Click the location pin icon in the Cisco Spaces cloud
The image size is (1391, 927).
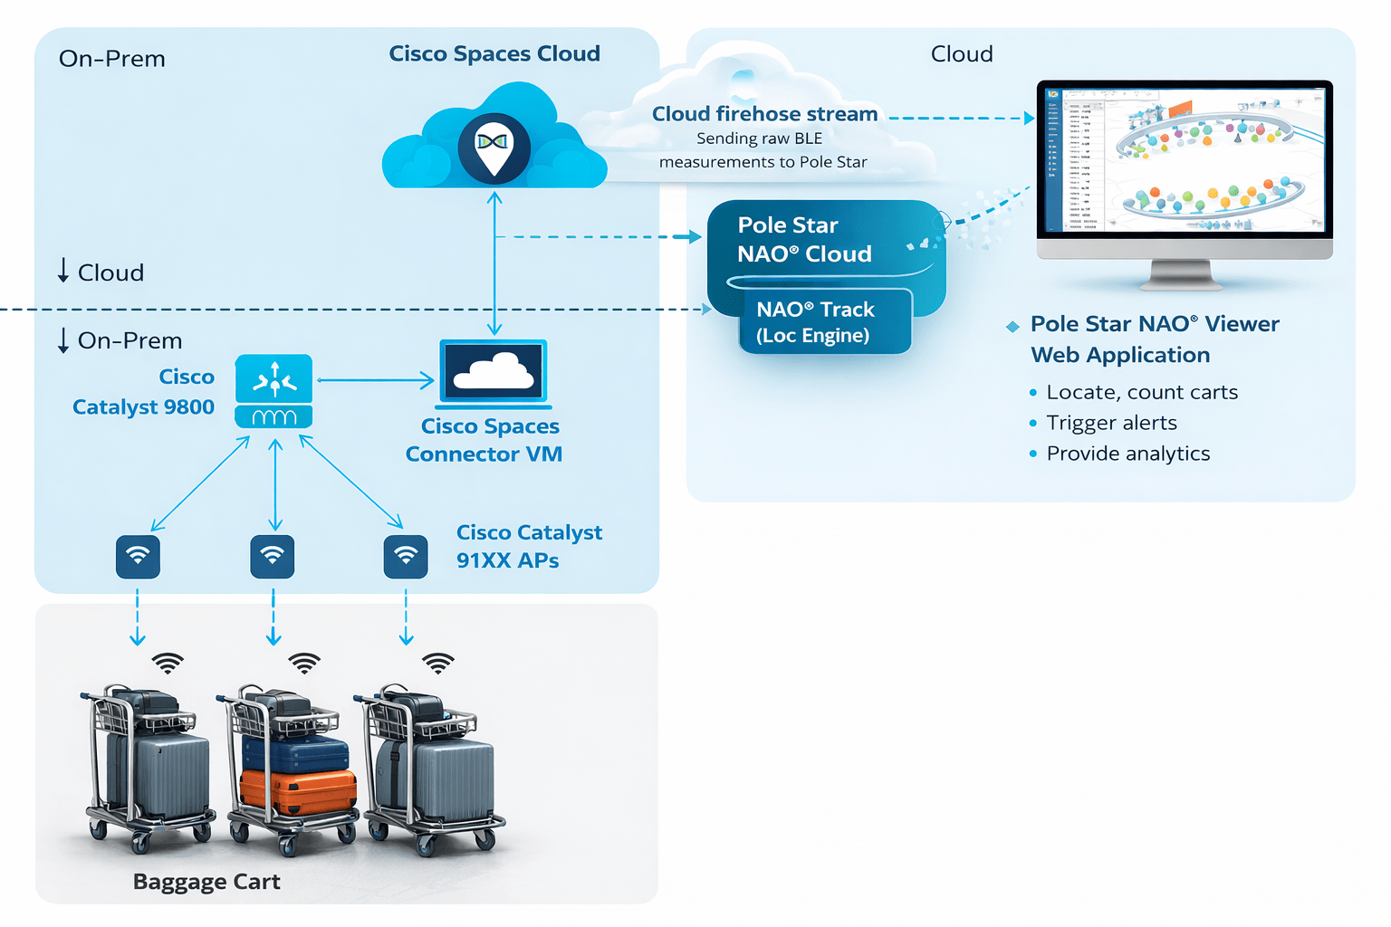tap(494, 147)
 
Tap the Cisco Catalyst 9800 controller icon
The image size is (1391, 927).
tap(273, 391)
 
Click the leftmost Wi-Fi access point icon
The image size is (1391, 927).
tap(138, 557)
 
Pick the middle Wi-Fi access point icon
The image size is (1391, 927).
tap(273, 557)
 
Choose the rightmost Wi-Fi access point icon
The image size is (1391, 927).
tap(406, 557)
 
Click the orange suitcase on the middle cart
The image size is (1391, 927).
tap(297, 790)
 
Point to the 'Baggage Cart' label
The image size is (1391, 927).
tap(206, 882)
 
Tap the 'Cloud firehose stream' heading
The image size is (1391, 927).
tap(764, 114)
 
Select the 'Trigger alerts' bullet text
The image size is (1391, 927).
tap(1111, 423)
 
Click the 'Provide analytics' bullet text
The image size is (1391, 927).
tap(1127, 454)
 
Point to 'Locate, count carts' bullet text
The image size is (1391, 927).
tap(1141, 392)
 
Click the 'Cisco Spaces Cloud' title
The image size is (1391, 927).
tap(494, 53)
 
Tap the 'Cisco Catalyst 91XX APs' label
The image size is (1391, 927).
tap(528, 546)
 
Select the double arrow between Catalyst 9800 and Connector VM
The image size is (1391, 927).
tap(376, 380)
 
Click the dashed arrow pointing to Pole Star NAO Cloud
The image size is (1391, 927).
tap(598, 237)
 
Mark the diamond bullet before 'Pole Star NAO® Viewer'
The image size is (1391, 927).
tap(1012, 326)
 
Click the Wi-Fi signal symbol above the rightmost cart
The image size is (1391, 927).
tap(438, 663)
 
